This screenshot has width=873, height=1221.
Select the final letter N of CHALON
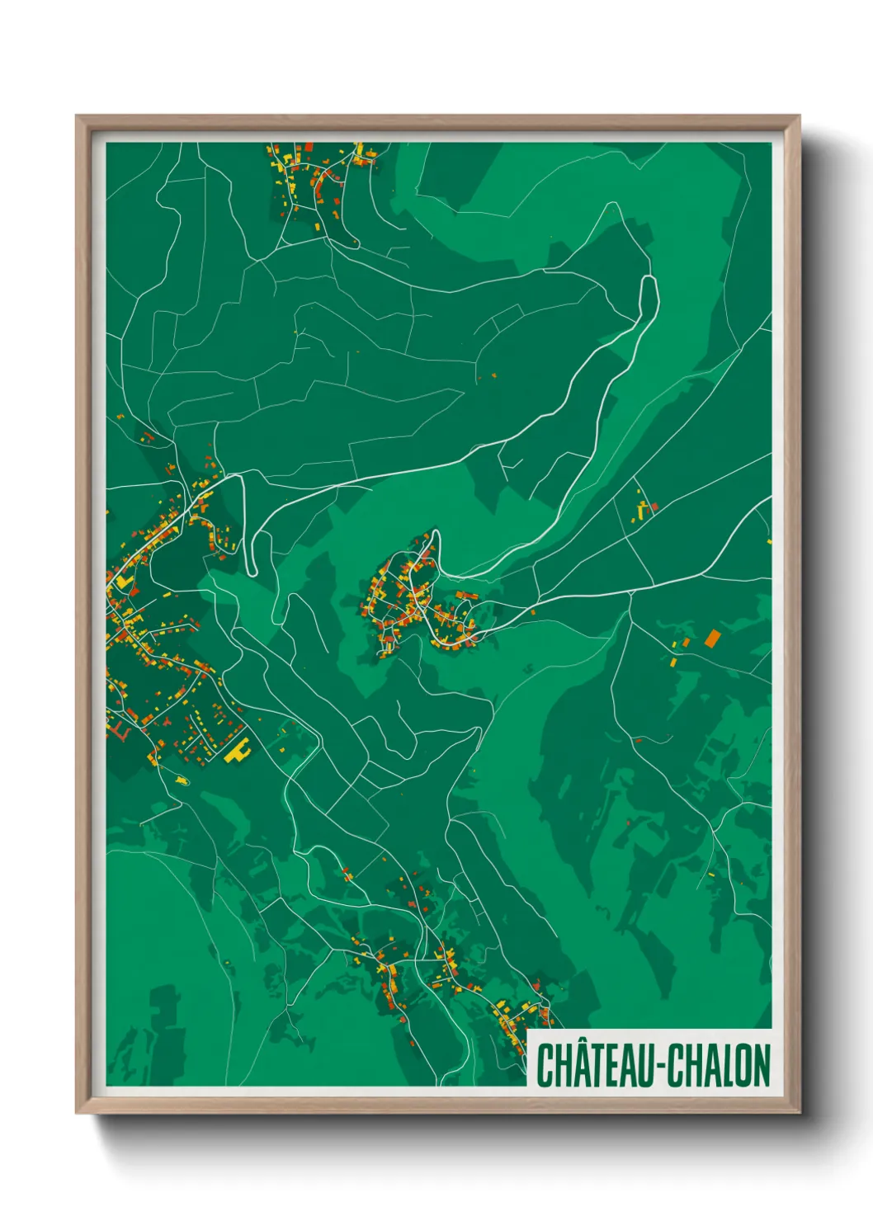tap(761, 1066)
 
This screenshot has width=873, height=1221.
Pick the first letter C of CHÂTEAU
tap(545, 1066)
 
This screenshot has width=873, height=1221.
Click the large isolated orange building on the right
tap(712, 637)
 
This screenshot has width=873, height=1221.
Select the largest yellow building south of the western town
tap(238, 752)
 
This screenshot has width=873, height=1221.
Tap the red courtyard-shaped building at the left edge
tap(120, 730)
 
